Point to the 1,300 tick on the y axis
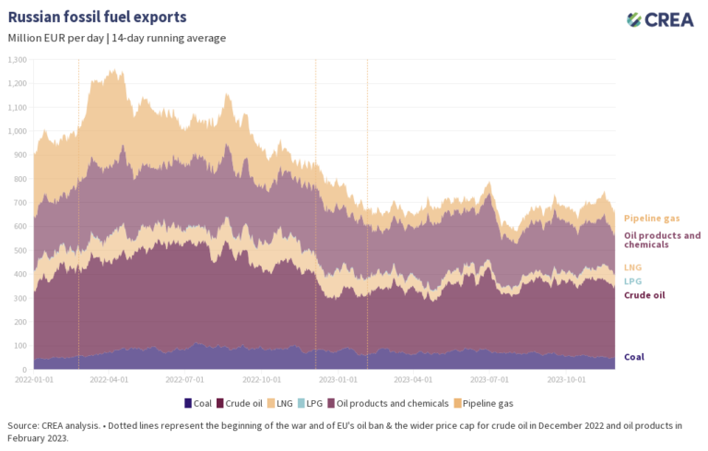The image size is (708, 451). [18, 59]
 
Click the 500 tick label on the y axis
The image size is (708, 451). [20, 250]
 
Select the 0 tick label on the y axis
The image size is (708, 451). [25, 369]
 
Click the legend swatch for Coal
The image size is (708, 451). [188, 403]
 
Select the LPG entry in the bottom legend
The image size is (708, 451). [313, 403]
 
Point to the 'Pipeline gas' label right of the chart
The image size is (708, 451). [652, 219]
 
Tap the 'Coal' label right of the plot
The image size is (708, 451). [634, 357]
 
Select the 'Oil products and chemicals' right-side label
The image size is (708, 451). [662, 240]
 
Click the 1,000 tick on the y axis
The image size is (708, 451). [18, 131]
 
